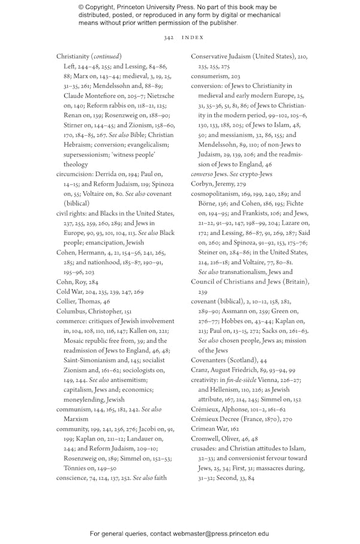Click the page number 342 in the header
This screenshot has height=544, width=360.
click(x=169, y=37)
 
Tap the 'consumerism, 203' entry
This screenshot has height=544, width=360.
click(x=215, y=77)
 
